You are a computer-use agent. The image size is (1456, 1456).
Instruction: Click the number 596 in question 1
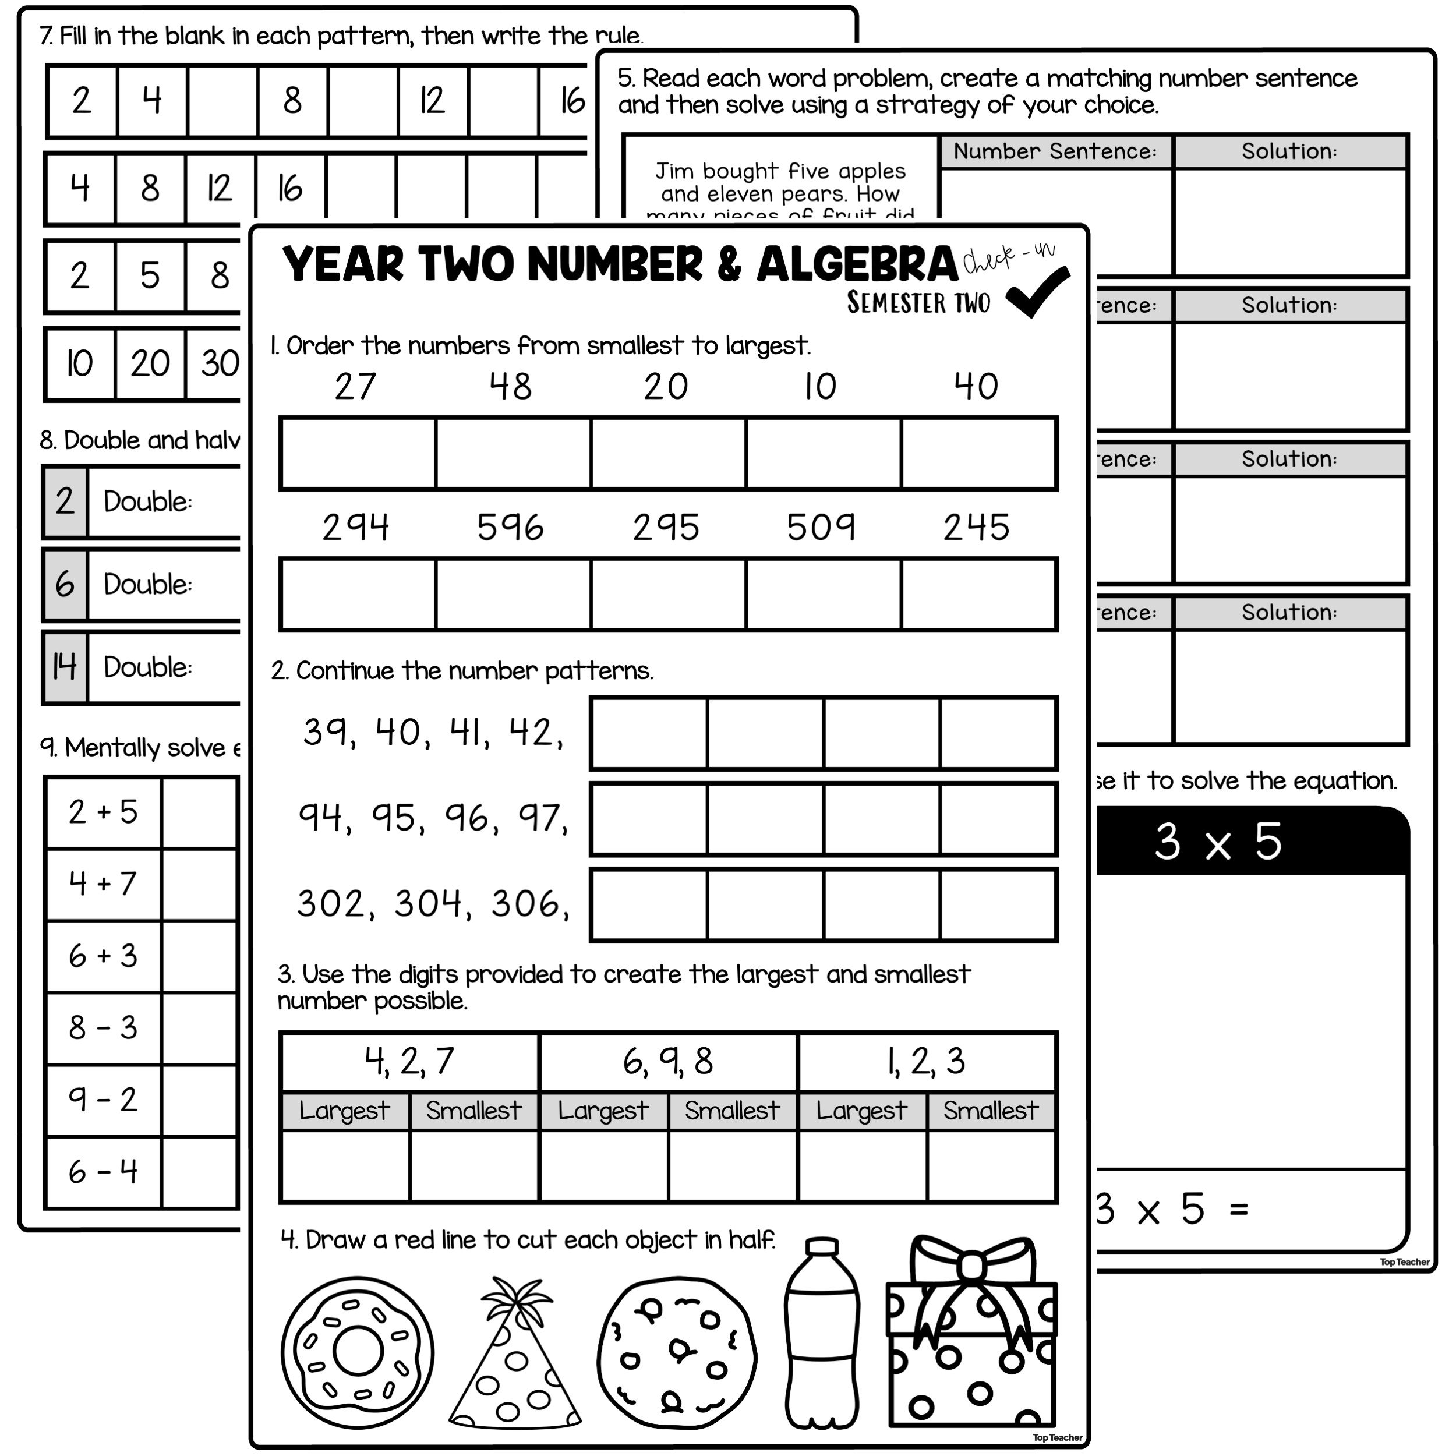pos(510,527)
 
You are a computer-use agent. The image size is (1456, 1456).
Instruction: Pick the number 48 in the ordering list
pos(510,387)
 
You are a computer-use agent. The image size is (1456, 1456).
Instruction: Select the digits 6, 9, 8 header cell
pos(667,1062)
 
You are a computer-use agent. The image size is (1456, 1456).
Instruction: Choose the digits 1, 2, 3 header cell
pos(926,1062)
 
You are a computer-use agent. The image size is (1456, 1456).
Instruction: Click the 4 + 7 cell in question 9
pos(103,884)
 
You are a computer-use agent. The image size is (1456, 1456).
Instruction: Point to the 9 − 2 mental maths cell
pos(103,1100)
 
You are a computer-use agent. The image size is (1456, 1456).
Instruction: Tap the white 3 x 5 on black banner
pos(1218,842)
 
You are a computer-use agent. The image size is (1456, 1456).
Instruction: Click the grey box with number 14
pos(65,667)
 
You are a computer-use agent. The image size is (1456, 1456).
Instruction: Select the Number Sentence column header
pos(1055,151)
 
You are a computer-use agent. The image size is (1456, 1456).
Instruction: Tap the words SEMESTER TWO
pos(918,303)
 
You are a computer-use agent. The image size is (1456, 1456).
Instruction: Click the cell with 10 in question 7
pos(80,364)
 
